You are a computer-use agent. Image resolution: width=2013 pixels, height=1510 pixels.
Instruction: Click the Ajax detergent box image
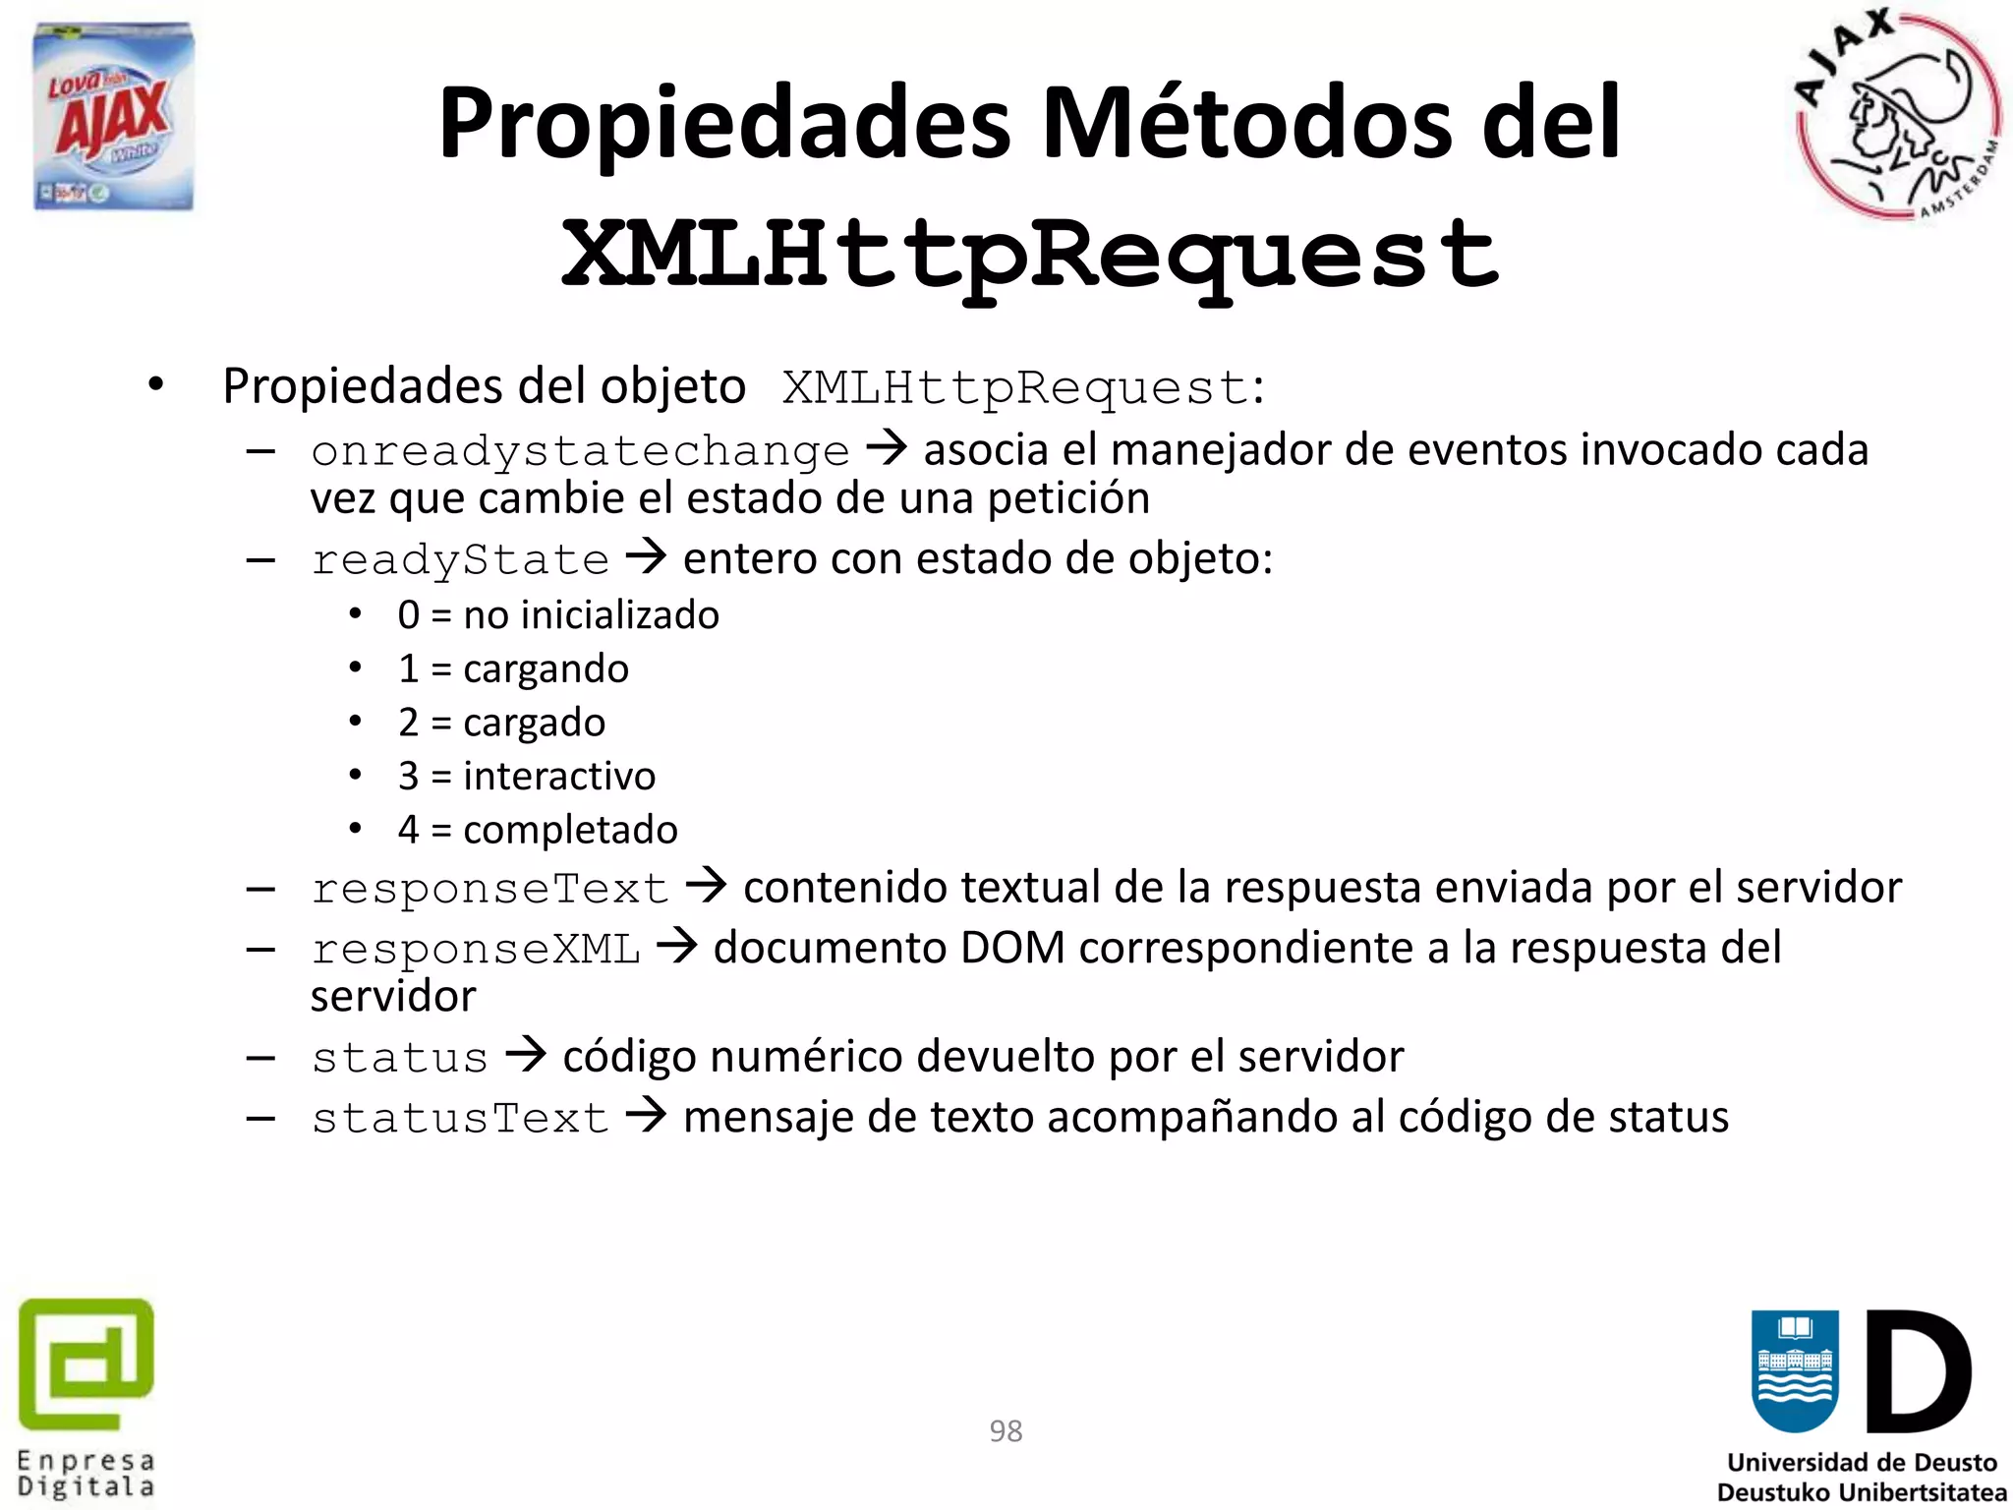coord(113,116)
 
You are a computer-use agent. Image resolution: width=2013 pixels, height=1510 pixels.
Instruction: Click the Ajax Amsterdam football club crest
coord(1897,116)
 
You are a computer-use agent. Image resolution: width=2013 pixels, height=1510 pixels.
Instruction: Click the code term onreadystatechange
coord(580,451)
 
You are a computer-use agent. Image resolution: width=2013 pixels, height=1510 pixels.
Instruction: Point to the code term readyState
coord(460,560)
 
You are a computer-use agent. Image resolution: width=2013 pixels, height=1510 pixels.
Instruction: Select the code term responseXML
coord(476,950)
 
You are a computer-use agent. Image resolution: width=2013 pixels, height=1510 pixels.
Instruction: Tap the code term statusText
coord(460,1119)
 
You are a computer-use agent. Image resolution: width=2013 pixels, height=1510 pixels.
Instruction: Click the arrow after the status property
coord(525,1056)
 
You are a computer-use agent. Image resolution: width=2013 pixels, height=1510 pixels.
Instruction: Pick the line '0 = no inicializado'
coord(557,615)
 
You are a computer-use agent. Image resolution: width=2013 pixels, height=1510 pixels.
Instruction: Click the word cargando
coord(546,669)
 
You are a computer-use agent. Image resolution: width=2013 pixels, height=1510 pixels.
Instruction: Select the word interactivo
coord(559,777)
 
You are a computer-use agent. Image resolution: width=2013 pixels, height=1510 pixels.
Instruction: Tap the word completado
coord(570,831)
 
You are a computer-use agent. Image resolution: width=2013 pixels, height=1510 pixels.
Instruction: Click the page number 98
coord(1006,1430)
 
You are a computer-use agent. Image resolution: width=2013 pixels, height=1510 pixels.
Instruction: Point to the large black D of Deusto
coord(1918,1371)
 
